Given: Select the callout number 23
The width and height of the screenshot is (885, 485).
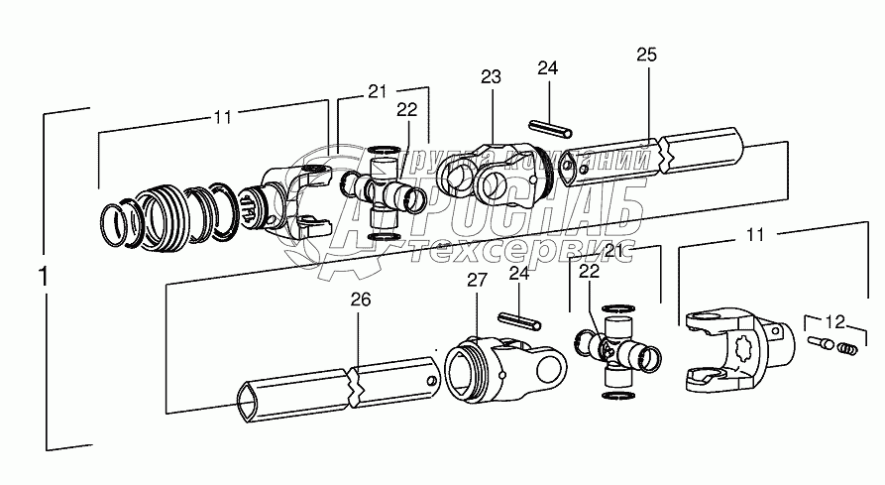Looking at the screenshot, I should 492,77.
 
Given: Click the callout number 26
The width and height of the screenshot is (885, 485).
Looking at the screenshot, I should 361,301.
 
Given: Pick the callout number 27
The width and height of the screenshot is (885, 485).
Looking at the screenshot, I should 479,281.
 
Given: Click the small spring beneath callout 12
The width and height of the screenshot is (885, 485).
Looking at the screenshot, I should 844,348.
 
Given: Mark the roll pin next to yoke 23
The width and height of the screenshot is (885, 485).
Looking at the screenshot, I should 550,129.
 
